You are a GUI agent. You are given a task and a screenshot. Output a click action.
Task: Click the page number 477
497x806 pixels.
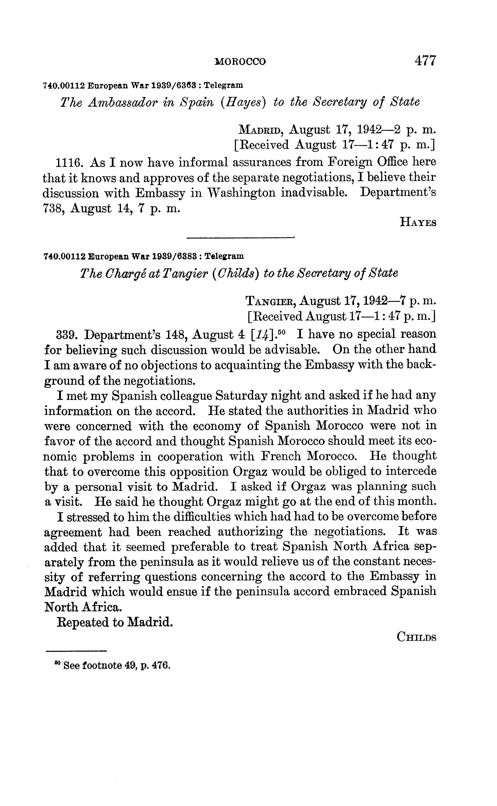click(x=425, y=61)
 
